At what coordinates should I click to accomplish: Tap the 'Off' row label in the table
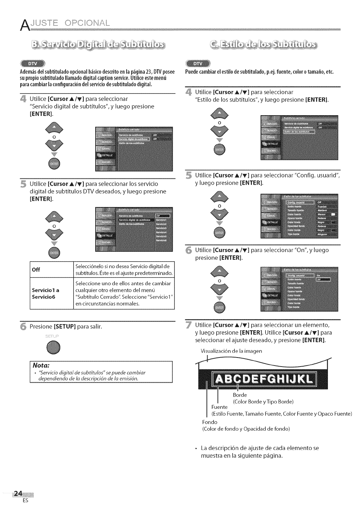point(36,270)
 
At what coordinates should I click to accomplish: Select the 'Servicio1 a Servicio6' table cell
point(45,294)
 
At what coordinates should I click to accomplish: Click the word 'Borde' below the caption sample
point(240,395)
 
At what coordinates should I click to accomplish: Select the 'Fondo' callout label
point(210,422)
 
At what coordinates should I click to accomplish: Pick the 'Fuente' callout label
point(219,407)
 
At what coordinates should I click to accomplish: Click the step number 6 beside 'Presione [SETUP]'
point(23,327)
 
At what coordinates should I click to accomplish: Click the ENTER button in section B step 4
point(54,163)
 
